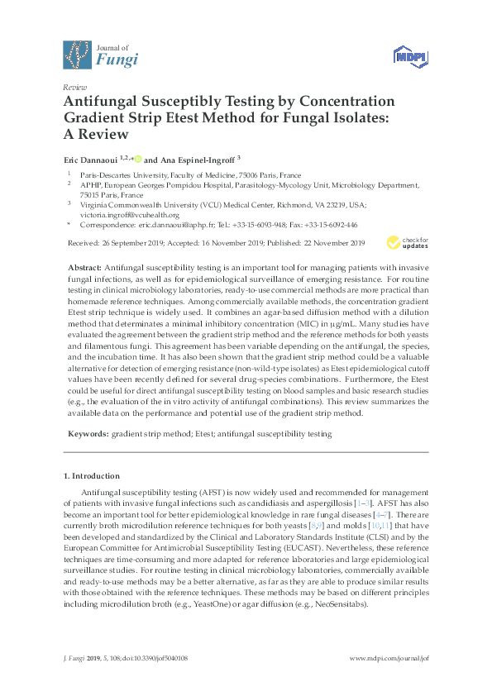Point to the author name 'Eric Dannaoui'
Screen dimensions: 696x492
[x=90, y=160]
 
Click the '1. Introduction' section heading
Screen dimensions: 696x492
[x=92, y=476]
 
